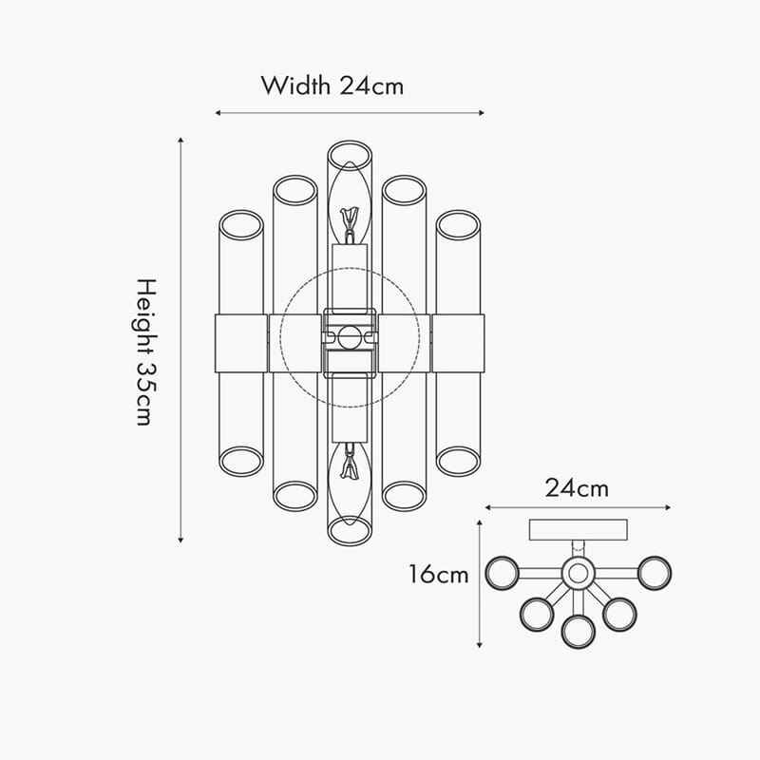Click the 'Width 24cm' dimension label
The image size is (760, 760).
coord(332,85)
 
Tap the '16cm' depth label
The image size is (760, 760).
coord(439,575)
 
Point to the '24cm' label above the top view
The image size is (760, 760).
coord(577,488)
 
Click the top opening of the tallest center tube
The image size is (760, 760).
coord(350,156)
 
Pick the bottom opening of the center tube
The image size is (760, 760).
coord(350,531)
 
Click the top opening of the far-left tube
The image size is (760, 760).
coord(241,225)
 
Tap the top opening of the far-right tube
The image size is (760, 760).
coord(458,225)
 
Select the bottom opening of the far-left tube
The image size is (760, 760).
coord(241,462)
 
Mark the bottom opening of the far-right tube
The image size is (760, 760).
coord(458,462)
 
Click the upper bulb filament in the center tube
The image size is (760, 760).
coord(350,219)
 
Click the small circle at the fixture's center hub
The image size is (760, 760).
coord(350,337)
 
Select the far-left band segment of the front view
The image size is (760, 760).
coord(241,344)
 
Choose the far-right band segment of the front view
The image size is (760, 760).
coord(458,344)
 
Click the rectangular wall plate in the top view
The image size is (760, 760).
coord(579,530)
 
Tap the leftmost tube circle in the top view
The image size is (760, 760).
coord(503,573)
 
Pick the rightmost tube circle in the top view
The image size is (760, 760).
coord(655,573)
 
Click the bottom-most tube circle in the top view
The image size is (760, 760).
coord(579,632)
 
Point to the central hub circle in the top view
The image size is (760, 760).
coord(578,574)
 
